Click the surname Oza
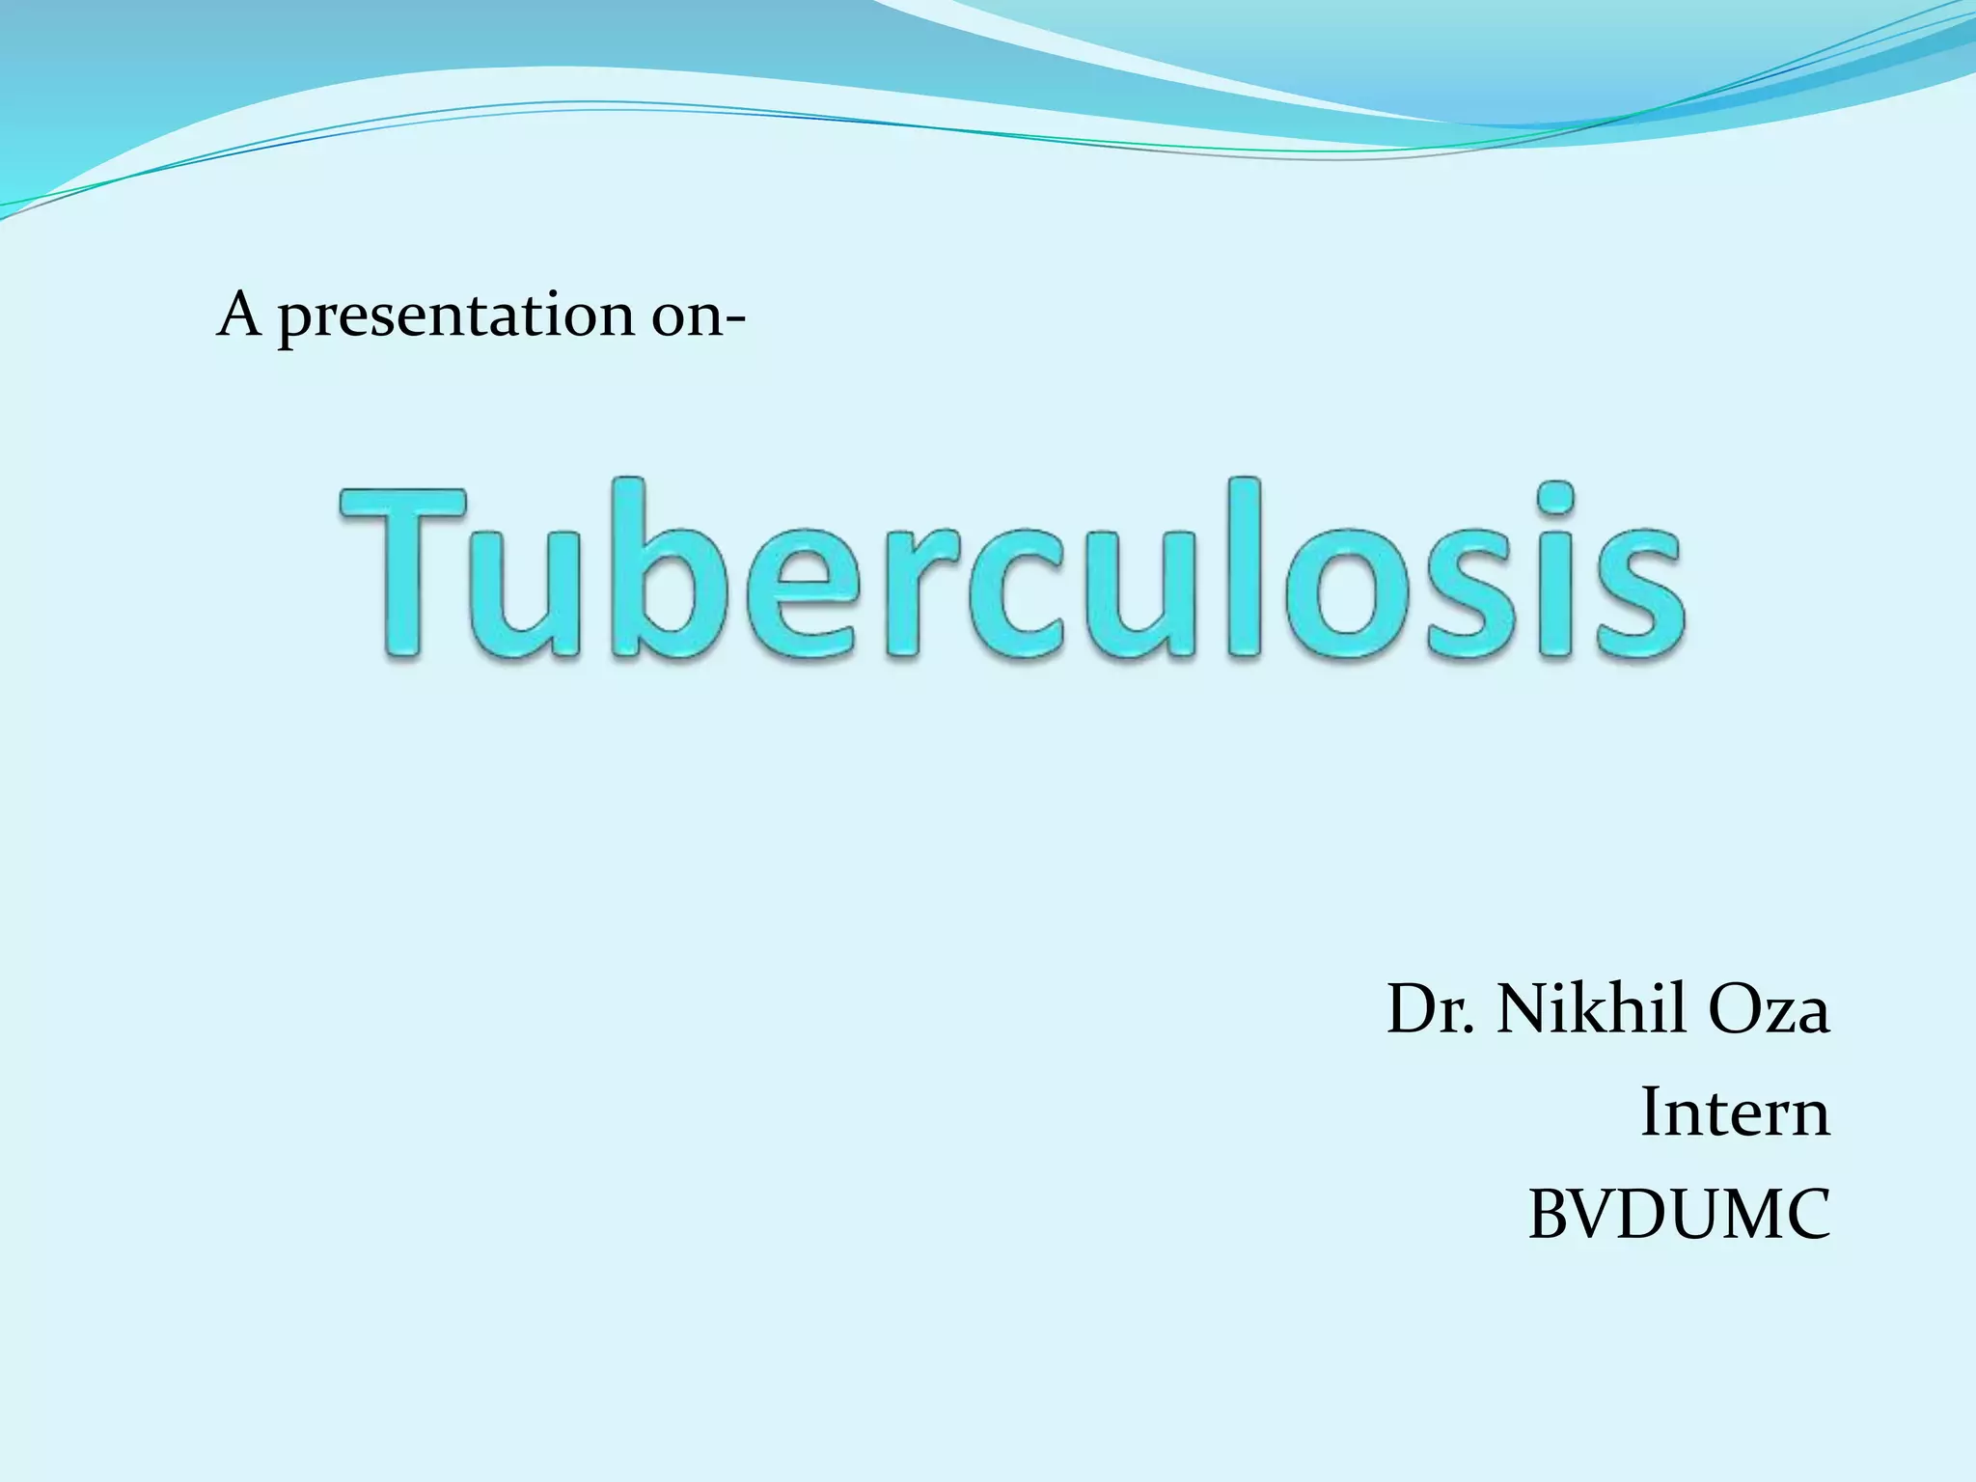[1768, 1011]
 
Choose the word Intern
[1735, 1113]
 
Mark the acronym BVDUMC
[1679, 1216]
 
